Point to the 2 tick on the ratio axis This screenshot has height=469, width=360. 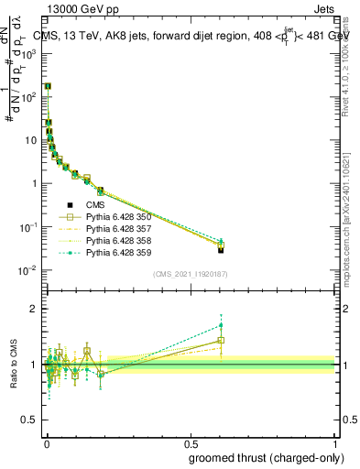coord(37,309)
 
